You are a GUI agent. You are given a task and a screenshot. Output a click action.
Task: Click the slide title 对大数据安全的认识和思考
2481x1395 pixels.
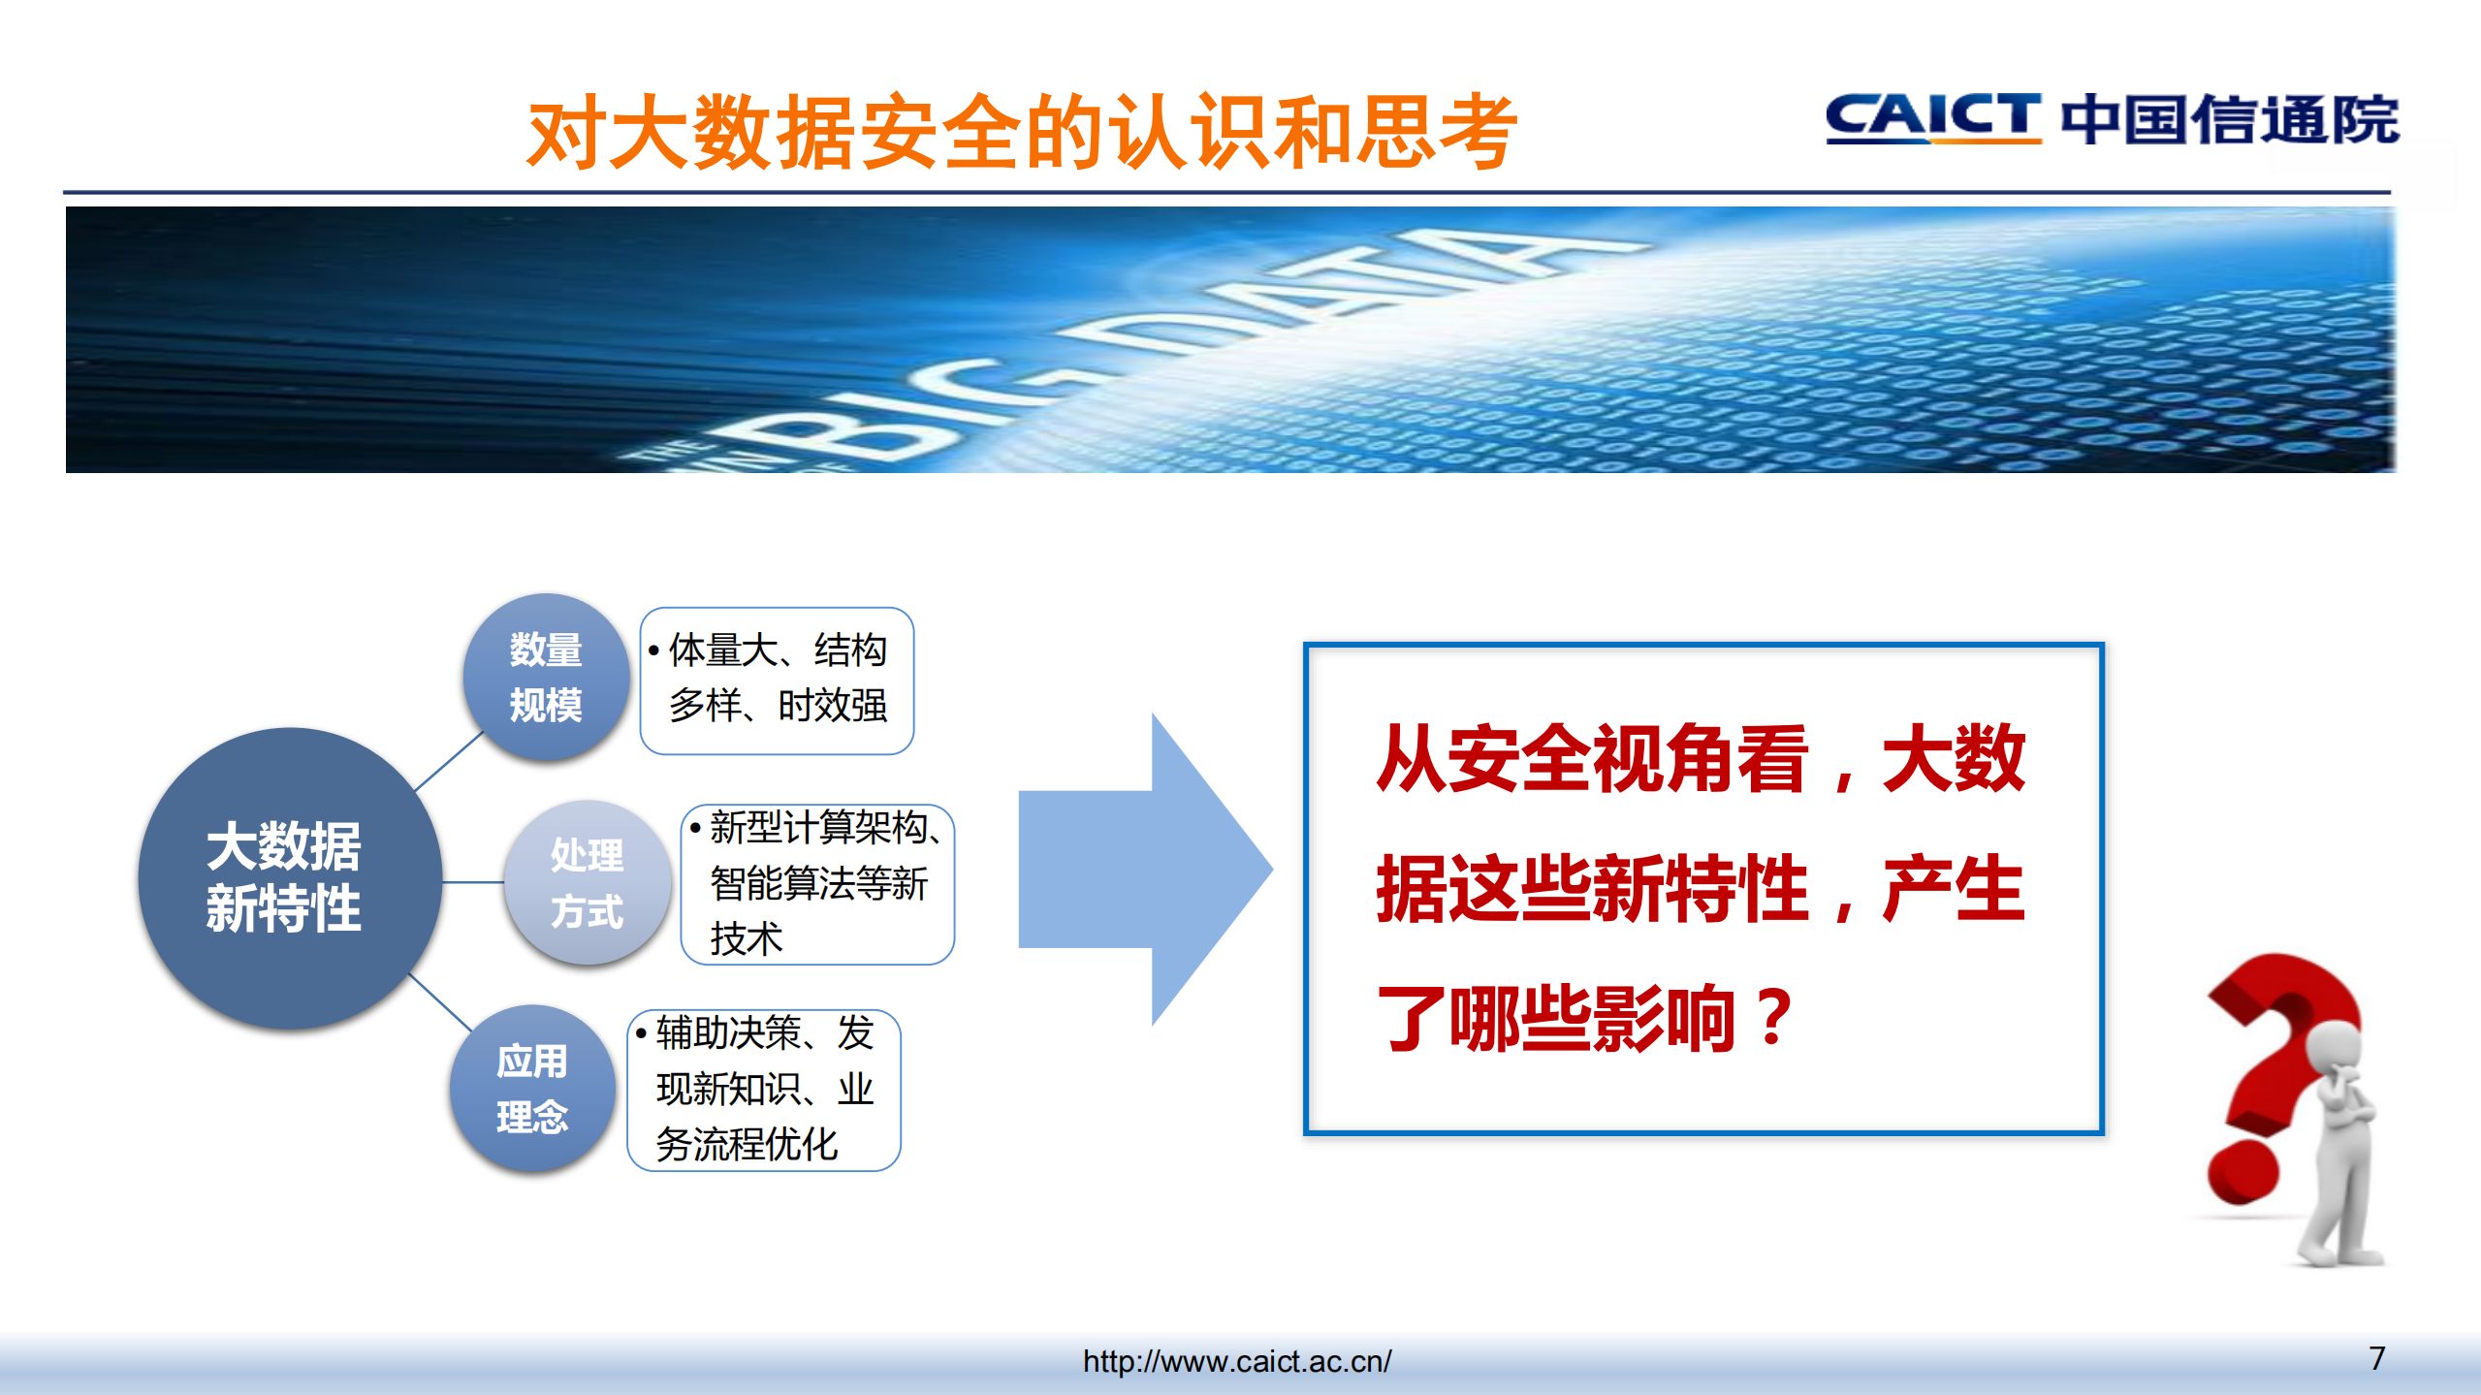click(1021, 132)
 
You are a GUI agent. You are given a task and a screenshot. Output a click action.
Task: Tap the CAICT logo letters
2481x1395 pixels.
click(1932, 118)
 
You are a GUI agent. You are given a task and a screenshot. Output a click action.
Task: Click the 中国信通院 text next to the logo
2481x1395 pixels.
click(2229, 120)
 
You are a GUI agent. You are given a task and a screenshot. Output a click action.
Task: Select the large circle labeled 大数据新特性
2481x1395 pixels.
click(286, 877)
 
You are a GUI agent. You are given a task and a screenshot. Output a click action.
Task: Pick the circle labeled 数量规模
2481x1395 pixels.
click(545, 677)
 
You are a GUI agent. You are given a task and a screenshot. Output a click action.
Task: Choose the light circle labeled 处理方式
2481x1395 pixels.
click(587, 882)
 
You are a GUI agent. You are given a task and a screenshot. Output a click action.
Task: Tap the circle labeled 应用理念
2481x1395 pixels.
click(531, 1088)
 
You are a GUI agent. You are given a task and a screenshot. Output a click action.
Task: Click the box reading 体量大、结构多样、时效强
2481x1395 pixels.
click(777, 679)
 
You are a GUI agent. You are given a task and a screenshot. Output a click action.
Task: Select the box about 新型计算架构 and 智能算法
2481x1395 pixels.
click(817, 884)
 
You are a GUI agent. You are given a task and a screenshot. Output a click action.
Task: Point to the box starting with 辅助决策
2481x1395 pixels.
click(764, 1090)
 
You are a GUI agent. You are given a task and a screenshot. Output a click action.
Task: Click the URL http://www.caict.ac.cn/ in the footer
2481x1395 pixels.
click(1237, 1361)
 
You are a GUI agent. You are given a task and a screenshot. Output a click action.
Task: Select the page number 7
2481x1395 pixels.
click(2376, 1358)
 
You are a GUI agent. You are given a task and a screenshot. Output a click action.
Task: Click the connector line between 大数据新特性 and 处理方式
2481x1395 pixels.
click(473, 882)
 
